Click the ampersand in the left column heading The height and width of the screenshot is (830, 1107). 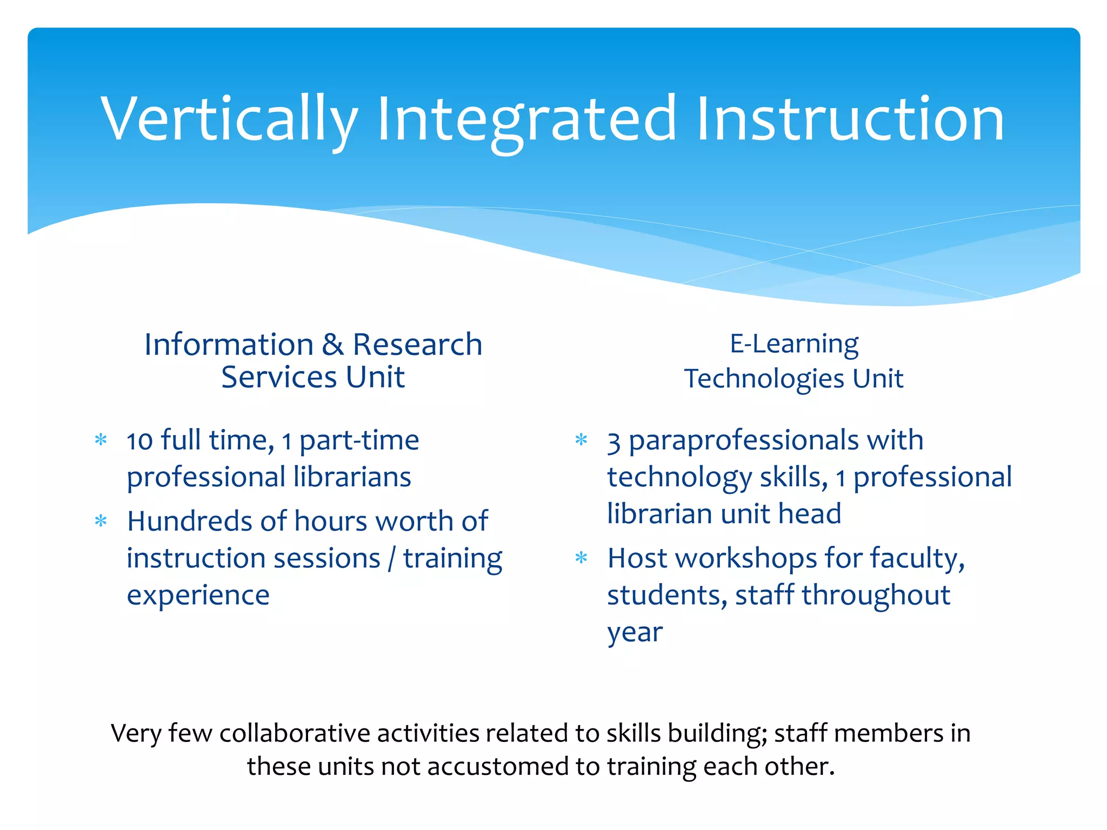(x=333, y=344)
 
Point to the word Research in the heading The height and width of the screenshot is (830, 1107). (x=417, y=344)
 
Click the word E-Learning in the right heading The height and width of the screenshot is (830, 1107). (x=793, y=344)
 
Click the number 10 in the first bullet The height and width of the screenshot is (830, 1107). (x=139, y=441)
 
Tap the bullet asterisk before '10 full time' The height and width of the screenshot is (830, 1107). (x=101, y=439)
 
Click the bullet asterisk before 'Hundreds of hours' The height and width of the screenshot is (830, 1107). (x=101, y=521)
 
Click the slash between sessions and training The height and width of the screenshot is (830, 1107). (x=392, y=559)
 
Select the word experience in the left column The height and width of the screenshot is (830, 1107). (x=198, y=595)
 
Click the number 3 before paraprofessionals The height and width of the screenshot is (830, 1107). (x=613, y=442)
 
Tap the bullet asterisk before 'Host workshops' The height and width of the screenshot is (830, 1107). (x=581, y=558)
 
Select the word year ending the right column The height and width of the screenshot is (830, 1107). (x=635, y=632)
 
